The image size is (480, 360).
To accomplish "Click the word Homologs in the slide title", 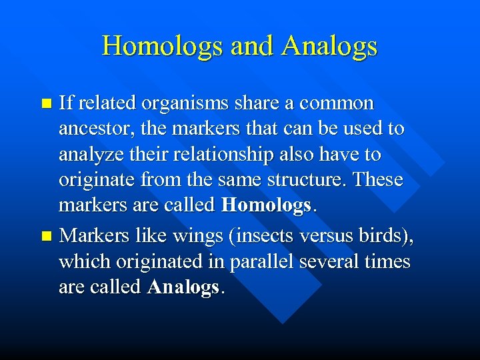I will (162, 46).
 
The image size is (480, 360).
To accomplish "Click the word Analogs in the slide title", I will (329, 46).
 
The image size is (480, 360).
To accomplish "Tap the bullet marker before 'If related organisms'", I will (46, 104).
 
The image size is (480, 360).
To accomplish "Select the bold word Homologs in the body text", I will (265, 205).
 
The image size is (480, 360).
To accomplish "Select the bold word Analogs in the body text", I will (183, 287).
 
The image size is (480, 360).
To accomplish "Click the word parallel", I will (260, 261).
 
